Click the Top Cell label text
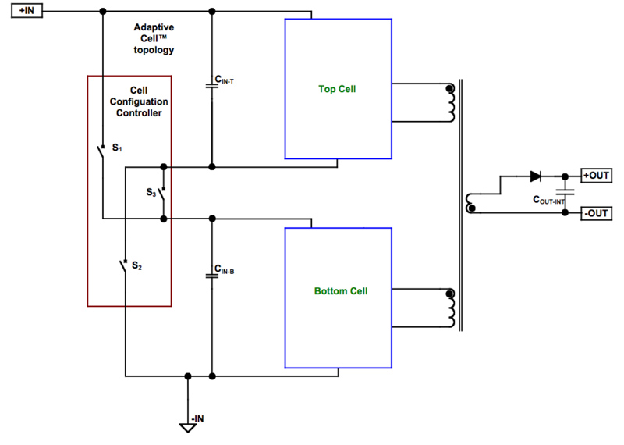click(337, 89)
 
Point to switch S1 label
click(117, 147)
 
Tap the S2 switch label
click(136, 266)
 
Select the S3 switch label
click(151, 191)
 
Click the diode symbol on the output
click(535, 176)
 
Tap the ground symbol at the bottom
click(187, 428)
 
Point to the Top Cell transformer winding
click(450, 103)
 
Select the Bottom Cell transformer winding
click(450, 309)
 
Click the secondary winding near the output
click(470, 202)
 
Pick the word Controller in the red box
click(138, 113)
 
